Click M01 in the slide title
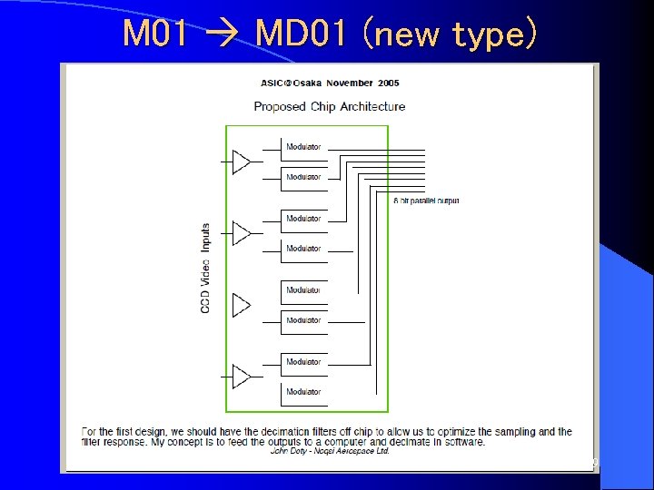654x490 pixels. coord(155,34)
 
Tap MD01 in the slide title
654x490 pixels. coord(299,34)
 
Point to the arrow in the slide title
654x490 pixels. coord(223,35)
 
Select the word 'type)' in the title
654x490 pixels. coord(494,35)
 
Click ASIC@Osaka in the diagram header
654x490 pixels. coord(288,83)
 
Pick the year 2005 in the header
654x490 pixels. coord(388,83)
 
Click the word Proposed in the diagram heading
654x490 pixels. coord(280,106)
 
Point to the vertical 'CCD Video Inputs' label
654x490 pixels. coord(205,269)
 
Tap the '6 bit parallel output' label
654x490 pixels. coord(426,201)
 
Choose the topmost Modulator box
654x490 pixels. coord(303,147)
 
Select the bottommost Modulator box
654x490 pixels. coord(303,392)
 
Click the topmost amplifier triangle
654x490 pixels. coord(241,162)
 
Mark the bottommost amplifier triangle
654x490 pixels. coord(241,377)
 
